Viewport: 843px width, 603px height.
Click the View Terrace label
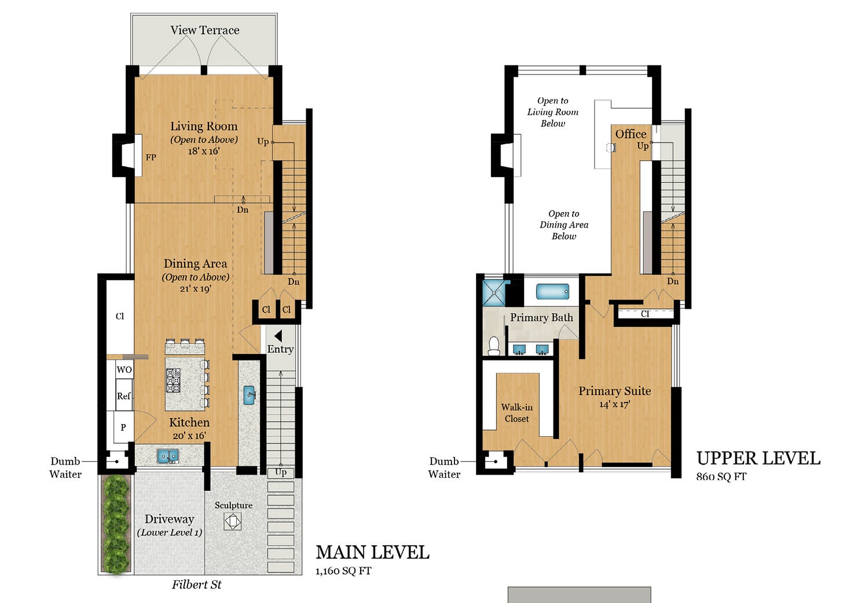(205, 30)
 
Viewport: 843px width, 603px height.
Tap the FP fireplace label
(151, 158)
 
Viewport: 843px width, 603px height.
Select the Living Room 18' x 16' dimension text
(204, 151)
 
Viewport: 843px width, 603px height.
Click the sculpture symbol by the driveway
(233, 521)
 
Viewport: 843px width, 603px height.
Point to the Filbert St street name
(196, 584)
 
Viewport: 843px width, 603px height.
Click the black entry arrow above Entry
(278, 336)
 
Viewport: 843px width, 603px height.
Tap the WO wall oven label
(124, 370)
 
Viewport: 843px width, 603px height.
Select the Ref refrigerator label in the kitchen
(123, 396)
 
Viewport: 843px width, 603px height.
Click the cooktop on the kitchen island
(173, 381)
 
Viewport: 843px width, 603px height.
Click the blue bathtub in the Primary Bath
(552, 292)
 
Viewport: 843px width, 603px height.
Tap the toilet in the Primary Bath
(493, 346)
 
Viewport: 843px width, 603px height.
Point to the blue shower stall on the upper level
(494, 293)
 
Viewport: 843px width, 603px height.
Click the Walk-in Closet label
(516, 413)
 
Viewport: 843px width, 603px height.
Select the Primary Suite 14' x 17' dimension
(614, 405)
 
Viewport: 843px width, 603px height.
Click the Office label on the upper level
(631, 134)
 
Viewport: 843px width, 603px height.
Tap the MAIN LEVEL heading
(372, 553)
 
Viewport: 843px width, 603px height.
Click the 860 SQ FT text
(721, 477)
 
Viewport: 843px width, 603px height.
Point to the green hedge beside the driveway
(116, 524)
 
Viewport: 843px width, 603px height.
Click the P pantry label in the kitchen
(123, 427)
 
